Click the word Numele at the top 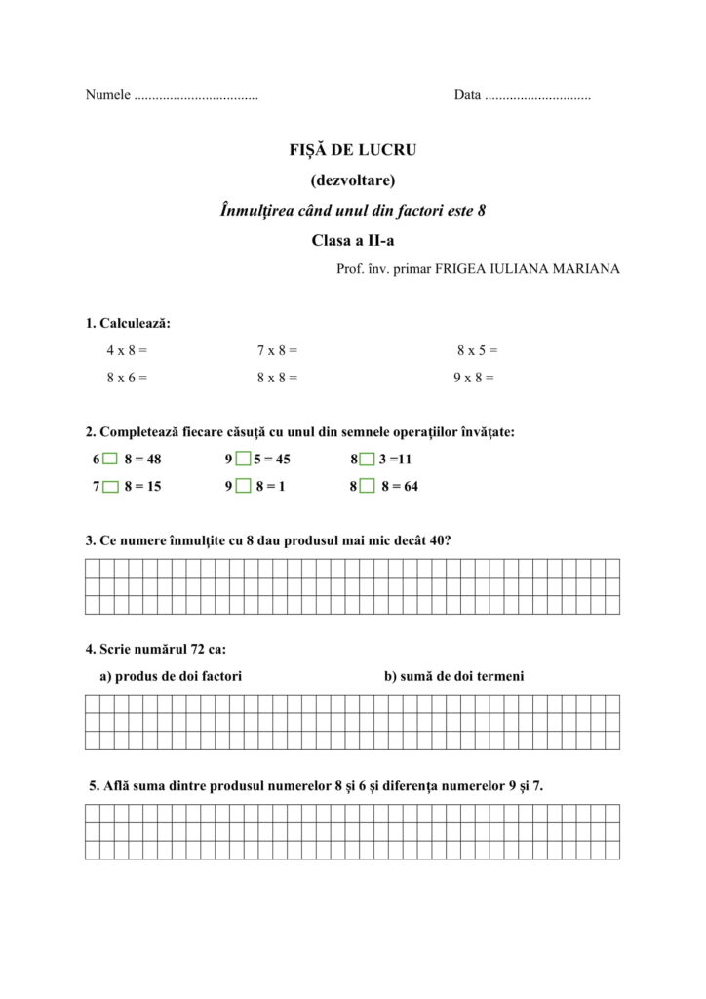(x=107, y=96)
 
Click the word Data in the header (x=467, y=96)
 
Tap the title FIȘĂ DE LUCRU (x=352, y=151)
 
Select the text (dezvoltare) (x=352, y=180)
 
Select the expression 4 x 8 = (x=127, y=349)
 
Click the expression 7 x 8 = (x=277, y=349)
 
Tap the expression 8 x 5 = (x=477, y=349)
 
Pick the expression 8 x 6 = (x=127, y=377)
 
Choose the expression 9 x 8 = (x=474, y=377)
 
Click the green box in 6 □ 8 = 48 (x=110, y=460)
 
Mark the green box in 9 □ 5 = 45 (x=243, y=460)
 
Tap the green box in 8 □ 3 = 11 (x=367, y=460)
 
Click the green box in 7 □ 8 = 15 (x=110, y=487)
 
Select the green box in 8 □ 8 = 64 (x=367, y=487)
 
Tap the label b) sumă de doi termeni (x=453, y=675)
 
